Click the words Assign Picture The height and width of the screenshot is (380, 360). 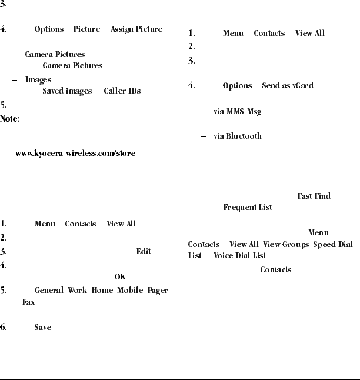point(138,29)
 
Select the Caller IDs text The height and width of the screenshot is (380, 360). point(122,91)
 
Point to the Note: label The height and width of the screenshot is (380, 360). point(11,119)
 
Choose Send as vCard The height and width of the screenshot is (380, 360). point(287,86)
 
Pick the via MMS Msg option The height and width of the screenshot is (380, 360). point(237,111)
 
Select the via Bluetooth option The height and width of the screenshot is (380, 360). point(237,136)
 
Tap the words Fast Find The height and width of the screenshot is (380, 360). point(314,196)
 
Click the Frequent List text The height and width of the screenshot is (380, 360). point(247,208)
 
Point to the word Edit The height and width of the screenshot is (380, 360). point(144,251)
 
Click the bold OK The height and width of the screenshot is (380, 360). point(120,276)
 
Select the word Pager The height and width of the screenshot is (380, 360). point(158,291)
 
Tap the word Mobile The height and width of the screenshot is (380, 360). point(129,291)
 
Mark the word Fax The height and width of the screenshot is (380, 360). point(28,302)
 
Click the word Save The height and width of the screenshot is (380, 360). point(42,328)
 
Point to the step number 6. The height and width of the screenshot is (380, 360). point(4,328)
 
